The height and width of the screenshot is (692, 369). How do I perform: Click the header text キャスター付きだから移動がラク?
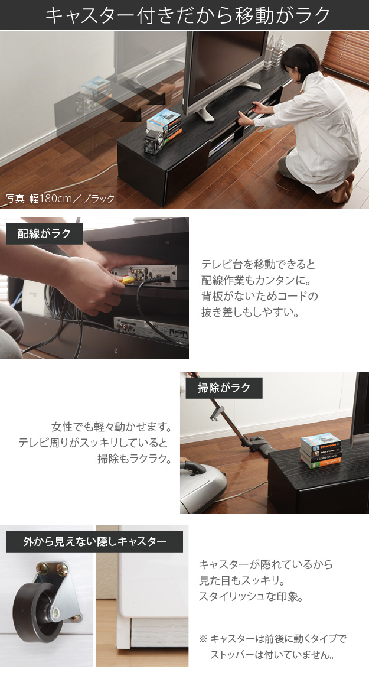(x=188, y=15)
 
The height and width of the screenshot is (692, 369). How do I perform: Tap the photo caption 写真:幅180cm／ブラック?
(x=60, y=199)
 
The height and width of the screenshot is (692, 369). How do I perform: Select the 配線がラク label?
(x=44, y=233)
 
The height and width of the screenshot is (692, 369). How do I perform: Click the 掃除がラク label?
(x=224, y=388)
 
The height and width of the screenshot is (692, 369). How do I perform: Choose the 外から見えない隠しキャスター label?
(x=94, y=541)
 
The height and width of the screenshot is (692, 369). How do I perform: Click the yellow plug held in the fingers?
(x=128, y=280)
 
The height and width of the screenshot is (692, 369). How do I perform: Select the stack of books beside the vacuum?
(x=321, y=450)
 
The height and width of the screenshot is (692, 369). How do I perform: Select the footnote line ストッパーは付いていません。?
(x=272, y=654)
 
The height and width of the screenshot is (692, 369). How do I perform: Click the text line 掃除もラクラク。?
(x=134, y=459)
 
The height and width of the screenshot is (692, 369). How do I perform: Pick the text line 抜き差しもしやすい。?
(x=250, y=313)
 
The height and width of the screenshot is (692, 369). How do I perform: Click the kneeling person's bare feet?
(x=344, y=189)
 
